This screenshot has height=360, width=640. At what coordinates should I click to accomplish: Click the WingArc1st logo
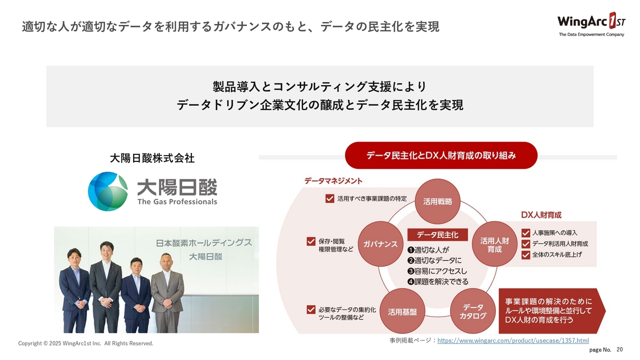pos(591,24)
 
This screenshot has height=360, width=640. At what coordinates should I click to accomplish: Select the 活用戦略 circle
pos(437,201)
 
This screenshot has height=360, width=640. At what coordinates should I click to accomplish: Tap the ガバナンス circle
pos(380,244)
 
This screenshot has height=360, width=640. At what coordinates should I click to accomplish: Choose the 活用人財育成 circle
pos(494,244)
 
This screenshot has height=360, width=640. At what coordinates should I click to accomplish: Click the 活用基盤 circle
pos(402,311)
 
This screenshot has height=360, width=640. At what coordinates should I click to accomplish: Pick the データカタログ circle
pos(473,311)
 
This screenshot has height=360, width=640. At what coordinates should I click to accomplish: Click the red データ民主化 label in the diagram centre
pos(437,235)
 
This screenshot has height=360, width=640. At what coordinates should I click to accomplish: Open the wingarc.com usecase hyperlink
pos(513,340)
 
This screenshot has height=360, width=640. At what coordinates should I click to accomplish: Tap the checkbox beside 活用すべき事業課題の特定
pos(329,198)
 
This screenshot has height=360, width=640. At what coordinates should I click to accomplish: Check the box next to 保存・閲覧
pos(311,241)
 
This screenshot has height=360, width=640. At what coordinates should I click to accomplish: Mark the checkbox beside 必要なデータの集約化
pos(311,309)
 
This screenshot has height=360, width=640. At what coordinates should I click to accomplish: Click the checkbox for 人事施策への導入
pos(525,233)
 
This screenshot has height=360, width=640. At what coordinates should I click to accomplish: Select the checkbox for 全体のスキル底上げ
pos(525,255)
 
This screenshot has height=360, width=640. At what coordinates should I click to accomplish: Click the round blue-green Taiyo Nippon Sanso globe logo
pos(107,191)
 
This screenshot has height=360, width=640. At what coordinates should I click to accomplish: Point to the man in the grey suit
pos(167,293)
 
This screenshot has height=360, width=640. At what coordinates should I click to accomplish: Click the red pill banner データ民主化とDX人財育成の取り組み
pos(441,155)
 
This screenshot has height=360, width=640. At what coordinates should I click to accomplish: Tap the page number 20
pos(619,349)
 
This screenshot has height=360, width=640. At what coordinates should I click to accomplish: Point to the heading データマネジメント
pos(333,181)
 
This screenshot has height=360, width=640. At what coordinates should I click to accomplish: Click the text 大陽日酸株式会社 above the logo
pos(152,158)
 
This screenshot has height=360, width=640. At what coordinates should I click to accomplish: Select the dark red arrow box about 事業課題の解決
pos(552,311)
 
